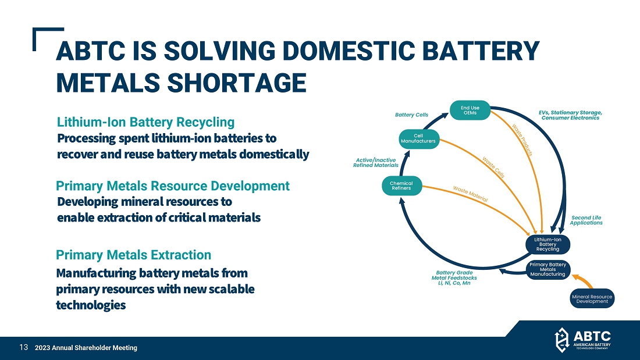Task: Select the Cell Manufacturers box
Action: pyautogui.click(x=418, y=138)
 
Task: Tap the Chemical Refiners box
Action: pyautogui.click(x=401, y=186)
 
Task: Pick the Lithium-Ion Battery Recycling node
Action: pyautogui.click(x=547, y=244)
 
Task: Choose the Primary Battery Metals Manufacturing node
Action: pyautogui.click(x=547, y=270)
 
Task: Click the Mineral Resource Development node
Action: pyautogui.click(x=592, y=298)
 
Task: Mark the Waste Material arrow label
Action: pyautogui.click(x=470, y=193)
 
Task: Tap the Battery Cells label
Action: pyautogui.click(x=411, y=115)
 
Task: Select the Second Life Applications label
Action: pyautogui.click(x=586, y=220)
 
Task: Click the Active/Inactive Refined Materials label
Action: pyautogui.click(x=376, y=162)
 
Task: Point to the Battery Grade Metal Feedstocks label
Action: pyautogui.click(x=454, y=277)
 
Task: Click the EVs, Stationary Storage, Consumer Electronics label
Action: pyautogui.click(x=570, y=115)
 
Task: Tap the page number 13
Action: pyautogui.click(x=24, y=347)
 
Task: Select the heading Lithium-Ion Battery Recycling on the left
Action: pyautogui.click(x=145, y=122)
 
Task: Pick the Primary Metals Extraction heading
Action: pyautogui.click(x=133, y=255)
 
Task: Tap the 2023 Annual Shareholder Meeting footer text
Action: pyautogui.click(x=86, y=348)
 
